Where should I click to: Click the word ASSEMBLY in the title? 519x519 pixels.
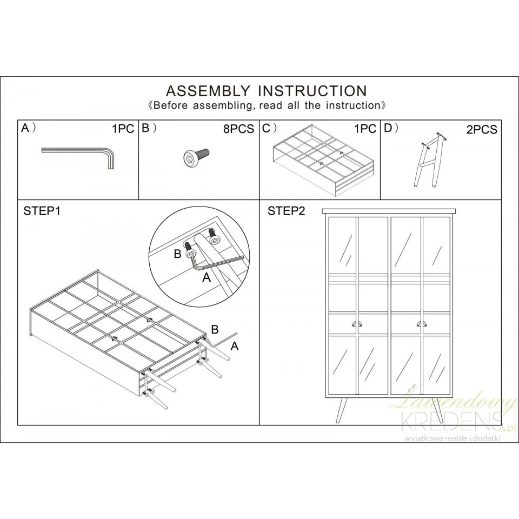click(208, 91)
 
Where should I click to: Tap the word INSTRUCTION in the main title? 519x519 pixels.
click(312, 91)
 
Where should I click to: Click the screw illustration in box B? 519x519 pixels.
click(197, 156)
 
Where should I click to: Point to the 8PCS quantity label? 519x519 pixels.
click(238, 129)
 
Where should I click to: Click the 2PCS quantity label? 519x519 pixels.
click(482, 130)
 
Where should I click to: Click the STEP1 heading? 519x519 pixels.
click(42, 211)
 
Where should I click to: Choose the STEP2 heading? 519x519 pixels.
click(287, 211)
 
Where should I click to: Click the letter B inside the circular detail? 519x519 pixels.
click(178, 254)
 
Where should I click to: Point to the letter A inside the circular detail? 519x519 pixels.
click(207, 278)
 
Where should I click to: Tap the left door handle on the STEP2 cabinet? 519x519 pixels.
click(356, 323)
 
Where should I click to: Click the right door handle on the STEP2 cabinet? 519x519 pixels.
click(421, 323)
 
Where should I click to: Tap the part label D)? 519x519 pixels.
click(391, 128)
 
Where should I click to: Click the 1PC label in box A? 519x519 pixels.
click(123, 129)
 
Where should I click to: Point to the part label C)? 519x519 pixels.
click(269, 128)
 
